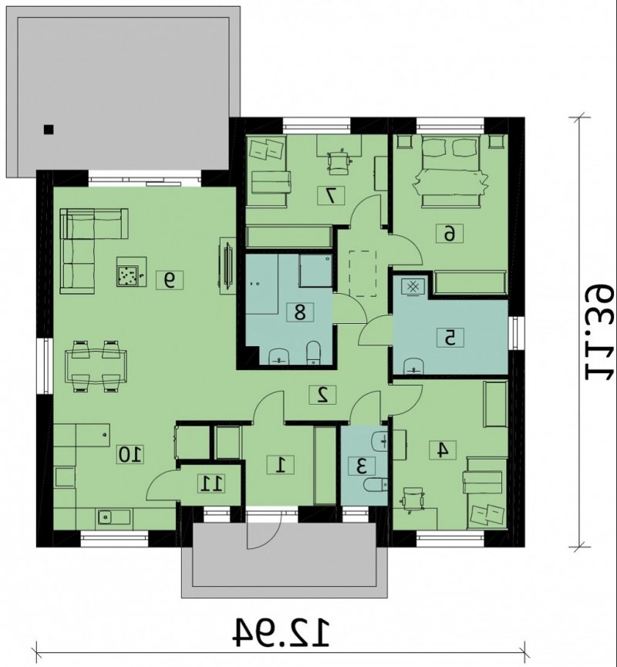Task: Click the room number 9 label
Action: [170, 280]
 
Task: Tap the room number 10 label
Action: [130, 454]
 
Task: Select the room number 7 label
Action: [331, 195]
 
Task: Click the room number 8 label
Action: [300, 312]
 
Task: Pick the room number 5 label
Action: [450, 338]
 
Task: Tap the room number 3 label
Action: [362, 467]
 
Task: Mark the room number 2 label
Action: [322, 394]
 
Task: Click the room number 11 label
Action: [211, 483]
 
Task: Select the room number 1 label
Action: [281, 464]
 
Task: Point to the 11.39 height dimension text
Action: [599, 332]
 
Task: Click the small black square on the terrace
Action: [49, 130]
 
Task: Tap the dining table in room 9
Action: [96, 366]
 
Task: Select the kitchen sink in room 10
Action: [105, 517]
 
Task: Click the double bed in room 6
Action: [450, 171]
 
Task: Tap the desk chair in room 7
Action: [339, 162]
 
